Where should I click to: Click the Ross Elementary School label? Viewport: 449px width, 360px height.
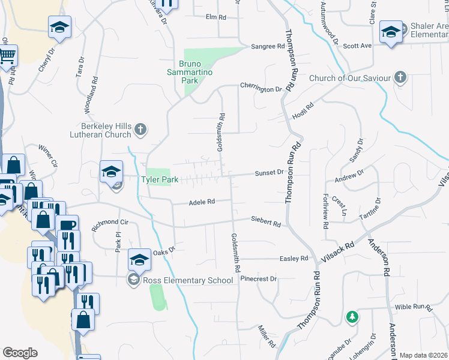pos(187,280)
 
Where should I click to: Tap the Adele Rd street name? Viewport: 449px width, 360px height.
pos(202,202)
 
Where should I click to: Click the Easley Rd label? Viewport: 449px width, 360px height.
pos(294,259)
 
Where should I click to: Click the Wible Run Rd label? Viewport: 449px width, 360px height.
pos(414,307)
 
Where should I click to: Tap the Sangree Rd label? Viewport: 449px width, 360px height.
pos(267,46)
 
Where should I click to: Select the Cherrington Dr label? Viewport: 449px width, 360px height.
pos(261,89)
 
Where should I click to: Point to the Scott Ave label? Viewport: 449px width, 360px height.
pos(358,45)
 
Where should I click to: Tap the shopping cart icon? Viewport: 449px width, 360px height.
pos(7,56)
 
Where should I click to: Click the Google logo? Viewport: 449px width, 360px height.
pos(20,353)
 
